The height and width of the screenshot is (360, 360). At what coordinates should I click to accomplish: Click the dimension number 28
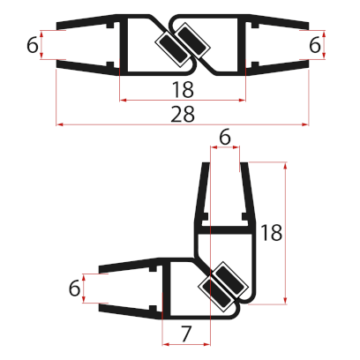(184, 115)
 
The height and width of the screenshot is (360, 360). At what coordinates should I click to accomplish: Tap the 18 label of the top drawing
(182, 89)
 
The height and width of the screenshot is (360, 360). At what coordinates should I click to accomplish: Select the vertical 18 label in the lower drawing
(273, 233)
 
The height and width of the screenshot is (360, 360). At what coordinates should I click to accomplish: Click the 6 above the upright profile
(224, 137)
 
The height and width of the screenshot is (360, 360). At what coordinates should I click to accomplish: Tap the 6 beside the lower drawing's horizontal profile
(75, 288)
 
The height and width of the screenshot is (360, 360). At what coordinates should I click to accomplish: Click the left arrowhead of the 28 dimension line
(60, 124)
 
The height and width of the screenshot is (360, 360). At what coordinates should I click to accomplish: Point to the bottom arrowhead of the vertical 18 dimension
(288, 300)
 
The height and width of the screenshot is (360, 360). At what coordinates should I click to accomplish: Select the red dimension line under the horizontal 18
(182, 100)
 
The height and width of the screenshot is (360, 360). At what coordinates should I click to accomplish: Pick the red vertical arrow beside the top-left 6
(44, 46)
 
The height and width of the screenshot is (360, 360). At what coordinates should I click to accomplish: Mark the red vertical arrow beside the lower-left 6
(86, 288)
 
